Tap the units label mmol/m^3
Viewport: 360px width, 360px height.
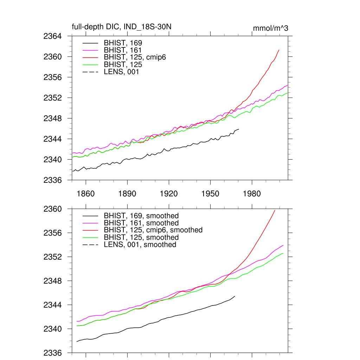coord(270,28)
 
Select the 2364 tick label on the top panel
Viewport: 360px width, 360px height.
coord(53,36)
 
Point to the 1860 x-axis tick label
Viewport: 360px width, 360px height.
coord(86,194)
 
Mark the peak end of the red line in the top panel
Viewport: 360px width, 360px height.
coord(279,50)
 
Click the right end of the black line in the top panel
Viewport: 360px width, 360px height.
coord(239,129)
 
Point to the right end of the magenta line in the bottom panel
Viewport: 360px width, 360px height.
coord(283,245)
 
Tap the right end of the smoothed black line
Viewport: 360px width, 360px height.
coord(234,296)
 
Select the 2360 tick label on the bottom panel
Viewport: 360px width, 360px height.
coord(53,209)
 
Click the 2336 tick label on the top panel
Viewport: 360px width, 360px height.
coord(53,180)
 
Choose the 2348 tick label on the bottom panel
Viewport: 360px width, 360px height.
coord(53,281)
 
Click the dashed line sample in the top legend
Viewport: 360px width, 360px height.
coord(90,72)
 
